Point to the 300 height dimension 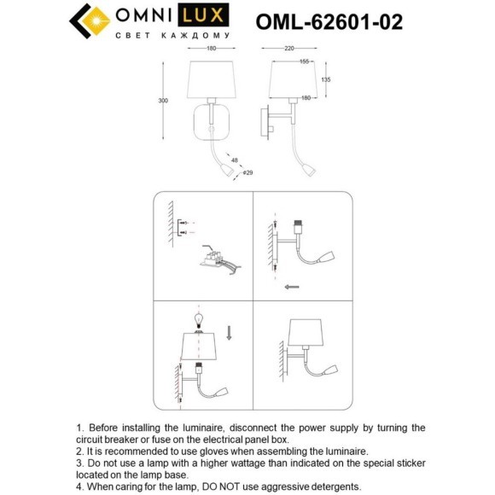[x=163, y=101]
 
